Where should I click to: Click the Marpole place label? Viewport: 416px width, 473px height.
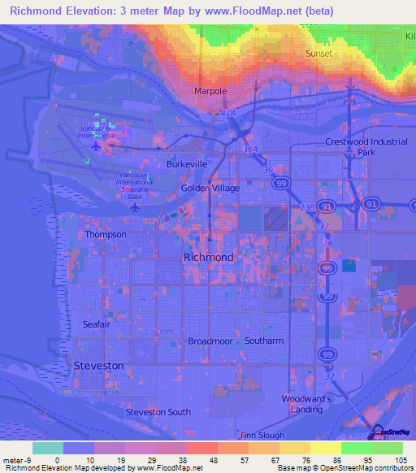[x=210, y=91]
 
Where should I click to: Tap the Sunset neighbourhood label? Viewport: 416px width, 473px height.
[x=319, y=53]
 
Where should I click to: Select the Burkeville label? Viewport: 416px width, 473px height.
[x=187, y=164]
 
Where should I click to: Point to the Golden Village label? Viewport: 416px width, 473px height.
[x=210, y=188]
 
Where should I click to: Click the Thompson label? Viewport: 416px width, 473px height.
[x=106, y=235]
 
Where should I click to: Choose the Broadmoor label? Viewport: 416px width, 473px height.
[x=210, y=341]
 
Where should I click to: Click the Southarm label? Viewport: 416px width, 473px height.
[x=264, y=341]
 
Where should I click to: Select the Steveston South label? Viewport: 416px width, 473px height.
[x=158, y=412]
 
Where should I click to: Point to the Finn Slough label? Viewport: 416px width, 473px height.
[x=261, y=435]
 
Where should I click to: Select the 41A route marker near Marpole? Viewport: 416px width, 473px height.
[x=227, y=115]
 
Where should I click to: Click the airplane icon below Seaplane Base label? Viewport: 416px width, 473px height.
[x=134, y=206]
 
